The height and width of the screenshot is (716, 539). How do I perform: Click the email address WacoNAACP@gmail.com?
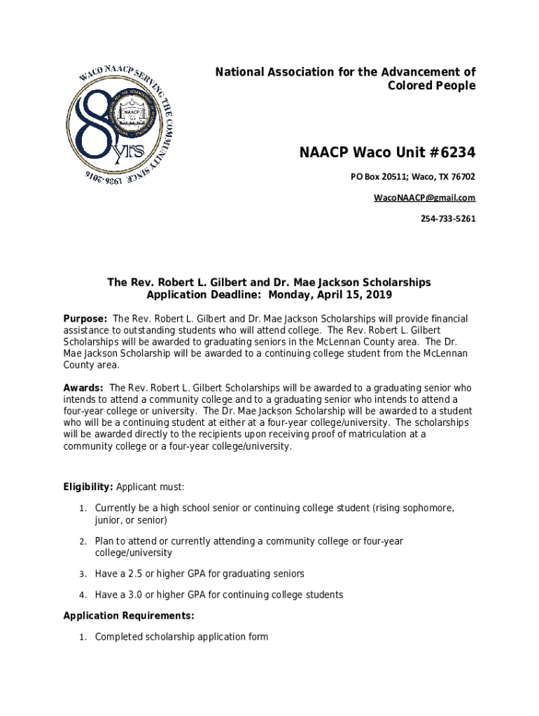(x=424, y=198)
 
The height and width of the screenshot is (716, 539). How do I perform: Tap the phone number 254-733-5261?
(x=447, y=219)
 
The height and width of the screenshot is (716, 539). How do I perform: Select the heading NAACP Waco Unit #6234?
(x=387, y=152)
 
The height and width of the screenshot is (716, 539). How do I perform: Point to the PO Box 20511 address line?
(x=412, y=176)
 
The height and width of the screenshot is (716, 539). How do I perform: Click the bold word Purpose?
(x=85, y=319)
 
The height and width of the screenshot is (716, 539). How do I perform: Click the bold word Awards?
(x=83, y=387)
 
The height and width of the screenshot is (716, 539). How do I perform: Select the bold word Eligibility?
(x=88, y=487)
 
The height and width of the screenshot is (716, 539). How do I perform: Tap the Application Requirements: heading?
(x=129, y=616)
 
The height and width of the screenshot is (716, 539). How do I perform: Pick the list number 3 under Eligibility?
(x=82, y=574)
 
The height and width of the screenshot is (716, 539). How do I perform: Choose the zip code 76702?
(x=463, y=176)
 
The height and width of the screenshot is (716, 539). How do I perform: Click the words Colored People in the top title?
(x=431, y=86)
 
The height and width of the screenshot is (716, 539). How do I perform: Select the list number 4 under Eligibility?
(x=82, y=595)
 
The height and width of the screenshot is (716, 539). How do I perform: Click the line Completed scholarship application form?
(x=181, y=637)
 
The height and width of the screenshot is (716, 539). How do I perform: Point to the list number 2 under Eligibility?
(x=82, y=542)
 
